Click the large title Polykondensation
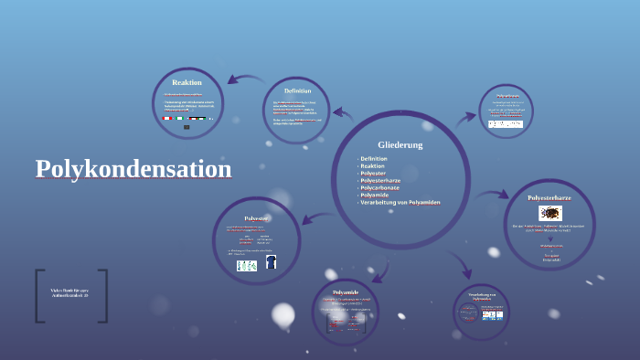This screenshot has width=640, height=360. click(x=133, y=169)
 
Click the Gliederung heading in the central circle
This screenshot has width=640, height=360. click(x=400, y=144)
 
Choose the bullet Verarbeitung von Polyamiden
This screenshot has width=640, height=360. click(x=400, y=202)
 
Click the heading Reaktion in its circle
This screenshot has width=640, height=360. click(x=187, y=83)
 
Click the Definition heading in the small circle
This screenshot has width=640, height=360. click(x=297, y=90)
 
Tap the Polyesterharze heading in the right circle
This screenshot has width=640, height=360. click(x=549, y=197)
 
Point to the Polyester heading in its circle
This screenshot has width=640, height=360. click(x=256, y=218)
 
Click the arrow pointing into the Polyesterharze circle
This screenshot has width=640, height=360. click(x=495, y=195)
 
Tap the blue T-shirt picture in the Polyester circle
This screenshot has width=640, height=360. click(x=271, y=263)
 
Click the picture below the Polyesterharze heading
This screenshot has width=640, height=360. click(x=549, y=213)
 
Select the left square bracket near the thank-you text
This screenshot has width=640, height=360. click(x=40, y=295)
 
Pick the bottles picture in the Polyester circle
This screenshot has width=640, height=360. click(x=247, y=265)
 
